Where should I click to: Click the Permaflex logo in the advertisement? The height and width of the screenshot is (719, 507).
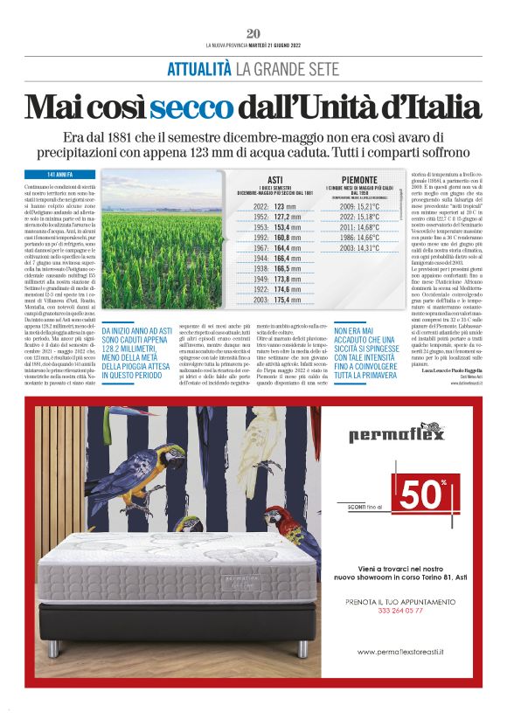click(x=397, y=433)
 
